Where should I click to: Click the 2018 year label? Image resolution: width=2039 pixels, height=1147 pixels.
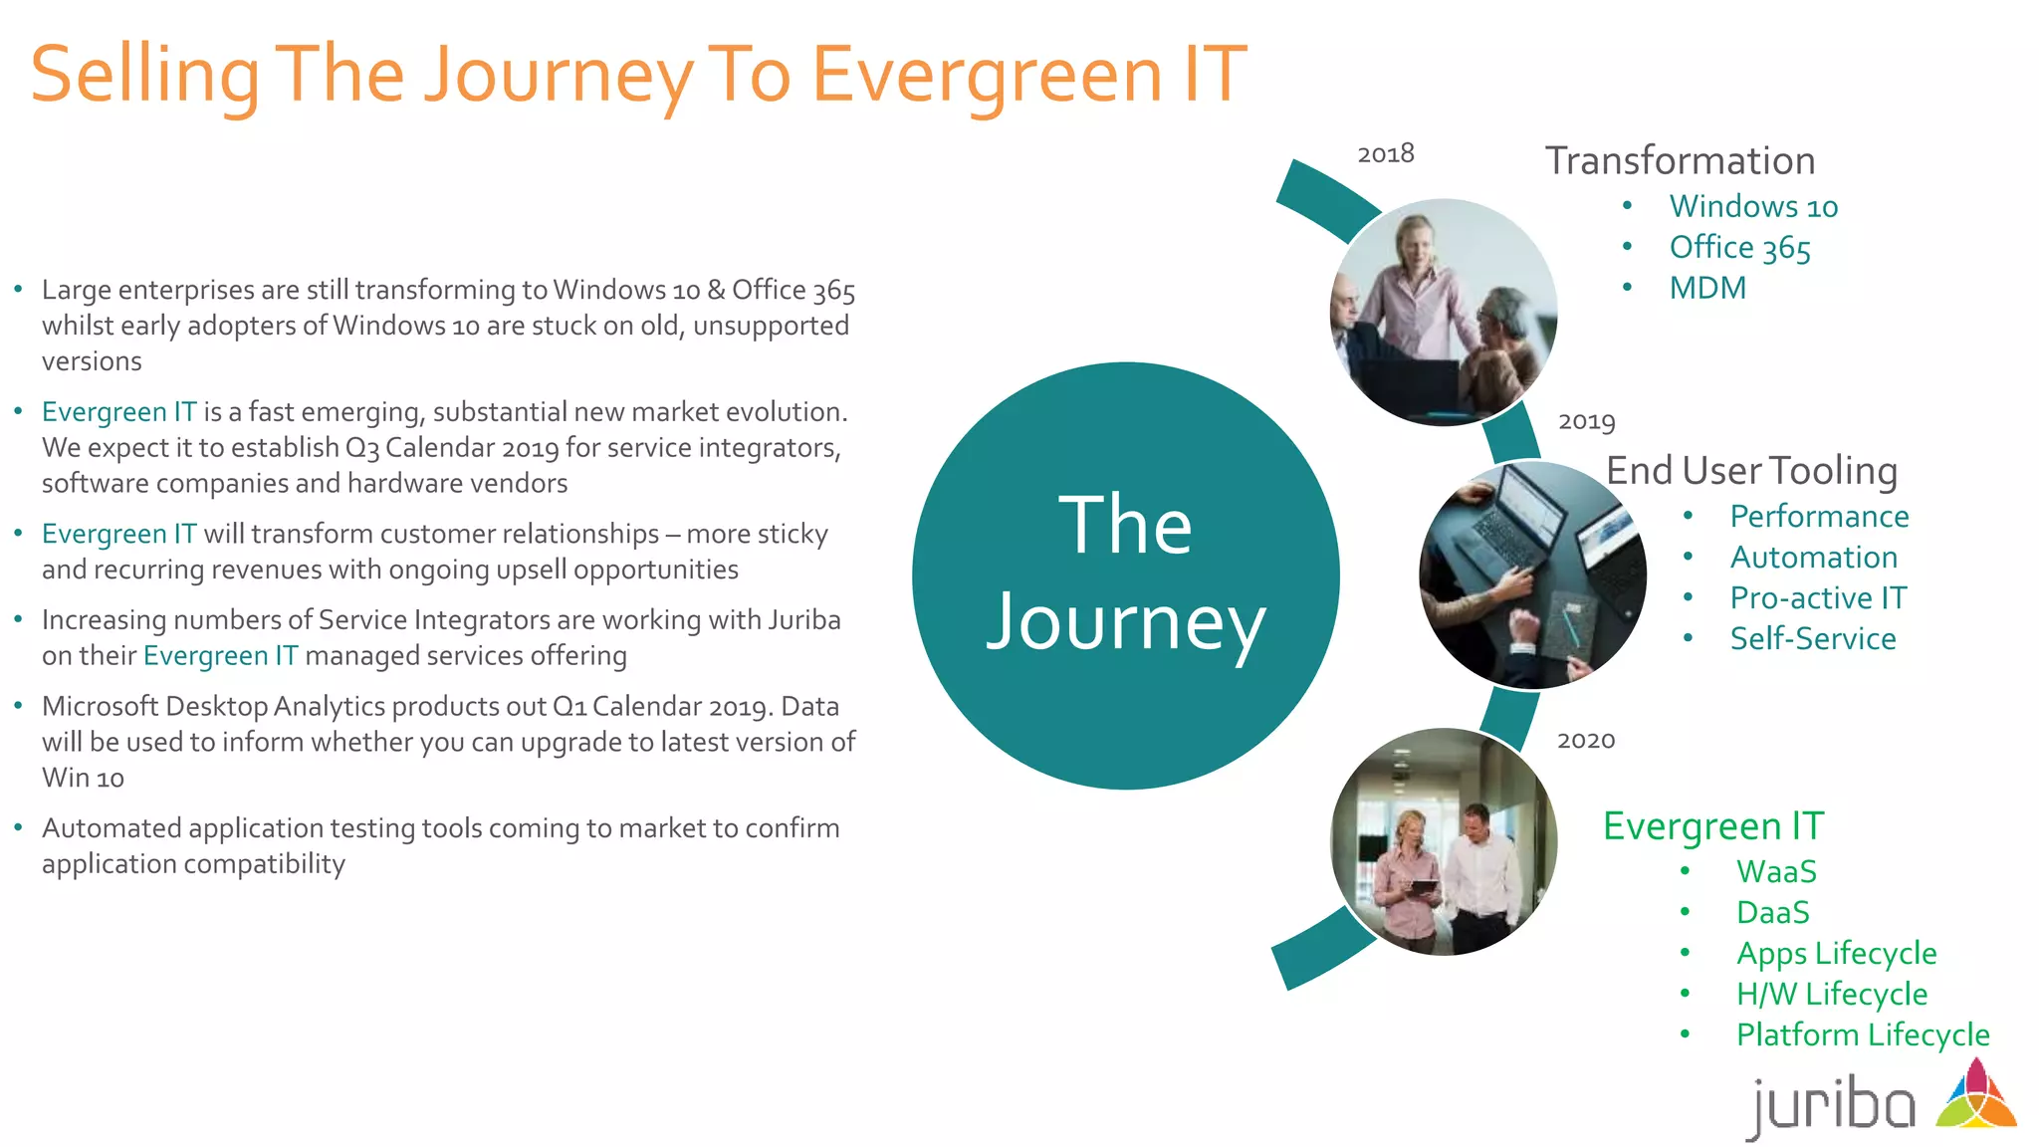[1385, 153]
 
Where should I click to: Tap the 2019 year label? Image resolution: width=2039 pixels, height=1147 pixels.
[1586, 421]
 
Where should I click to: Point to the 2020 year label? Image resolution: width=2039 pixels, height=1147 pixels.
[1585, 740]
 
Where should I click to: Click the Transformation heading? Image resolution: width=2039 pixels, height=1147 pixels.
[1680, 160]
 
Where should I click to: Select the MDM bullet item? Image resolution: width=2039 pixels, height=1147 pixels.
[1707, 288]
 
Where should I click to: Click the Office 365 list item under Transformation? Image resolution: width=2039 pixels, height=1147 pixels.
[1739, 247]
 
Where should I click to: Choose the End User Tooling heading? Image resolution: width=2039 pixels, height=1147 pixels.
[1751, 470]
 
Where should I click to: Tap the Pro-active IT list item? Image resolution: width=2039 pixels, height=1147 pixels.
[1818, 597]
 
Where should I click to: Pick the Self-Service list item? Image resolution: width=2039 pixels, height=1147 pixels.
[1812, 638]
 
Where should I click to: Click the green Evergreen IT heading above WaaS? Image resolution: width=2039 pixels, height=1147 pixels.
[1712, 825]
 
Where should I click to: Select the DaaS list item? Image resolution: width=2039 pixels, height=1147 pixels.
[1772, 912]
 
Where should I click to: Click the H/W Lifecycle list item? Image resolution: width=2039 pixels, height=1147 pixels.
[1831, 994]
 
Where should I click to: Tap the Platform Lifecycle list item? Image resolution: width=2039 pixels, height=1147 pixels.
[1862, 1034]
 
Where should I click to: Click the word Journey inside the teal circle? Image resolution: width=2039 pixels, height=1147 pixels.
[1125, 622]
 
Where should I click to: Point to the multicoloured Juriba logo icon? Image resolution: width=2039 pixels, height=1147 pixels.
[1976, 1095]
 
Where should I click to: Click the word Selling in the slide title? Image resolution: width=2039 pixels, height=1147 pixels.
[144, 75]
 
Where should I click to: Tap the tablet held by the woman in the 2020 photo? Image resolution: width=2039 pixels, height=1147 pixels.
[1423, 886]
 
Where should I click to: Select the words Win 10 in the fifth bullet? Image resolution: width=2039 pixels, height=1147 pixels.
[83, 778]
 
